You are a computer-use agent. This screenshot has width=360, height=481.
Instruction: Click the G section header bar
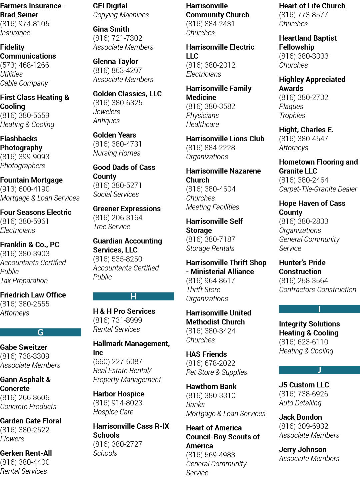click(x=41, y=332)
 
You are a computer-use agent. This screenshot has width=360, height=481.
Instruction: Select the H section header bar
click(x=134, y=296)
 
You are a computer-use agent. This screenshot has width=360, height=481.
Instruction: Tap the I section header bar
click(x=319, y=309)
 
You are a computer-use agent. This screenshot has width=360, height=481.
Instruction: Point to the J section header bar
click(x=319, y=370)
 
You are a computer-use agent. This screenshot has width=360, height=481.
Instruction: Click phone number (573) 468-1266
click(x=25, y=65)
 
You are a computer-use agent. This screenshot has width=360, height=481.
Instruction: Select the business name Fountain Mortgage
click(x=31, y=180)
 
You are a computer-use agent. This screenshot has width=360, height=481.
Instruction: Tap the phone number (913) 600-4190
click(x=25, y=189)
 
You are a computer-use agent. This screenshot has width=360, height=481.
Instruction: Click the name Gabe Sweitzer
click(x=24, y=347)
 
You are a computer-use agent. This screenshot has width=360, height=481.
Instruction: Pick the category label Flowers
click(x=12, y=439)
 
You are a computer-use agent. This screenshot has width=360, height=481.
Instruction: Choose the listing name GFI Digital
click(x=110, y=6)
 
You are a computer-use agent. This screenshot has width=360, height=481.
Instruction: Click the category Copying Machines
click(x=121, y=15)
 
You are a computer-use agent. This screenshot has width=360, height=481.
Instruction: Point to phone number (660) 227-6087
click(x=118, y=361)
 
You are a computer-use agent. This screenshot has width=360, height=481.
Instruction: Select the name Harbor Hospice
click(x=119, y=394)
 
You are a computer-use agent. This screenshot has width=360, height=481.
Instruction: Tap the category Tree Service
click(x=112, y=227)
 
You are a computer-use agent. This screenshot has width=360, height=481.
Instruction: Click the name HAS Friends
click(x=206, y=354)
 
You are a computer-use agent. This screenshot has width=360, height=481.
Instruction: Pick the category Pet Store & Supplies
click(x=217, y=372)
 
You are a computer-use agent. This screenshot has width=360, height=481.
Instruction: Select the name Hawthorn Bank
click(x=211, y=386)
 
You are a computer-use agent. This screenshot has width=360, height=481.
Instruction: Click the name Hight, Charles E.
click(x=306, y=130)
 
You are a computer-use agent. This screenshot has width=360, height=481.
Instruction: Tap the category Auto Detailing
click(x=300, y=403)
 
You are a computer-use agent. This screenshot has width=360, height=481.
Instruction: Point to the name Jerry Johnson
click(x=303, y=449)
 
